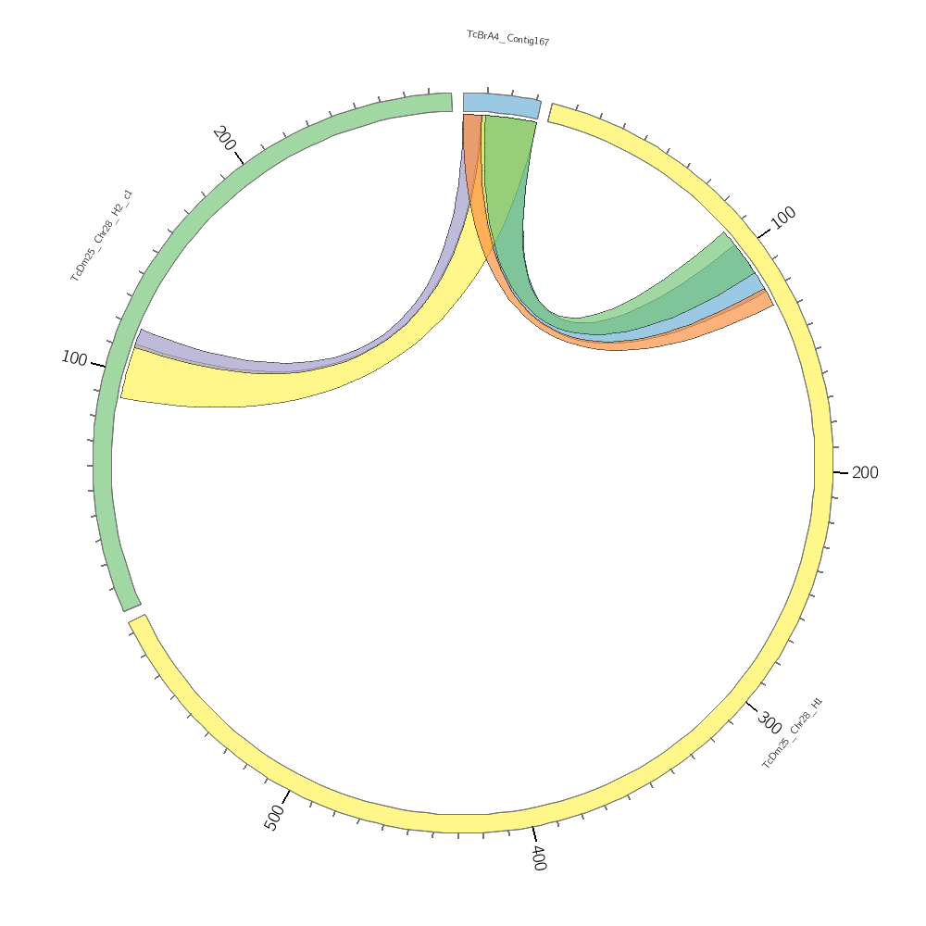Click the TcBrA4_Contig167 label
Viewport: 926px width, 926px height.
tap(507, 38)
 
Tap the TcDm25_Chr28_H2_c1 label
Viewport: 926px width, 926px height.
tap(102, 236)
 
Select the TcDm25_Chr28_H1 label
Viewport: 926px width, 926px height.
tap(792, 733)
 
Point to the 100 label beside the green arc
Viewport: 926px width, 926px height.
tap(74, 358)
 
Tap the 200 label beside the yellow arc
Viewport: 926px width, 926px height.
tap(865, 473)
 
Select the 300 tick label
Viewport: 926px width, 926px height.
tap(769, 721)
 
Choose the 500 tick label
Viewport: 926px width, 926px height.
tap(274, 818)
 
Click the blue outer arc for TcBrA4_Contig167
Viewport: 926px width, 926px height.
tap(501, 104)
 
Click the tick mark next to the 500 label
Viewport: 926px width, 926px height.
tap(287, 795)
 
